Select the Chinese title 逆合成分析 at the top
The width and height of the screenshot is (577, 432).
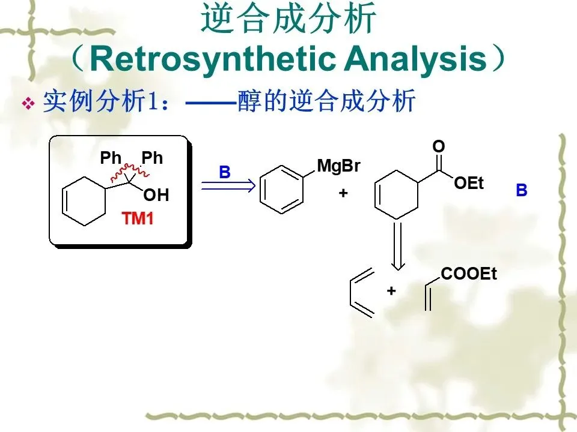click(288, 19)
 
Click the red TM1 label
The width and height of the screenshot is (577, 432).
click(138, 219)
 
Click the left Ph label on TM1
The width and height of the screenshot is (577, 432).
click(111, 158)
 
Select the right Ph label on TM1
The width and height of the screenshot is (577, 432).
click(152, 158)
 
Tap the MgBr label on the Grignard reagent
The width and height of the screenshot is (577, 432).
click(338, 166)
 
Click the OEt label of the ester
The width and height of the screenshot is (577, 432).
click(469, 184)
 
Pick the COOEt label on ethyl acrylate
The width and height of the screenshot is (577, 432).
click(469, 274)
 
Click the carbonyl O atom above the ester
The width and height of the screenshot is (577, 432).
click(438, 147)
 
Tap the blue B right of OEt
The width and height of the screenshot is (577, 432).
click(521, 191)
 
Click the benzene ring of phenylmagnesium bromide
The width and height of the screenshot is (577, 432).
click(282, 191)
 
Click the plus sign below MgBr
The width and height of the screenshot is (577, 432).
click(343, 193)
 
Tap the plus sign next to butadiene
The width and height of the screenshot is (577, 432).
click(391, 291)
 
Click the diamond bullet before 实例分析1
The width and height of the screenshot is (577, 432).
click(28, 104)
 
